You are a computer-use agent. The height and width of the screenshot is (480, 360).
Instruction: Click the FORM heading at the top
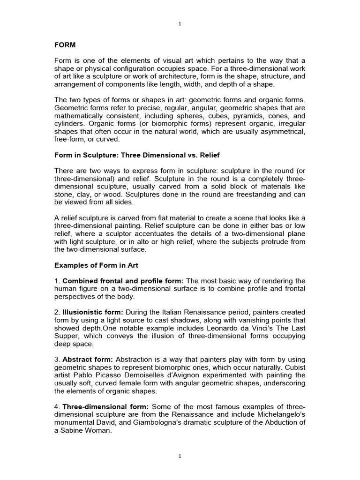[65, 45]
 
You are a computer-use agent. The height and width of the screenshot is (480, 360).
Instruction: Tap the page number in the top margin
[180, 24]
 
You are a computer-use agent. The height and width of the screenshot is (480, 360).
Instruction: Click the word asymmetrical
[279, 132]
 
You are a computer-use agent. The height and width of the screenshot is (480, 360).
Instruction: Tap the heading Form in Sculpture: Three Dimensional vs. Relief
[137, 155]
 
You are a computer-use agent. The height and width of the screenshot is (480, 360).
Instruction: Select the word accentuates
[183, 233]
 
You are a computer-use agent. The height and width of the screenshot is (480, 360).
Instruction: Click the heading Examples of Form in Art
[97, 265]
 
